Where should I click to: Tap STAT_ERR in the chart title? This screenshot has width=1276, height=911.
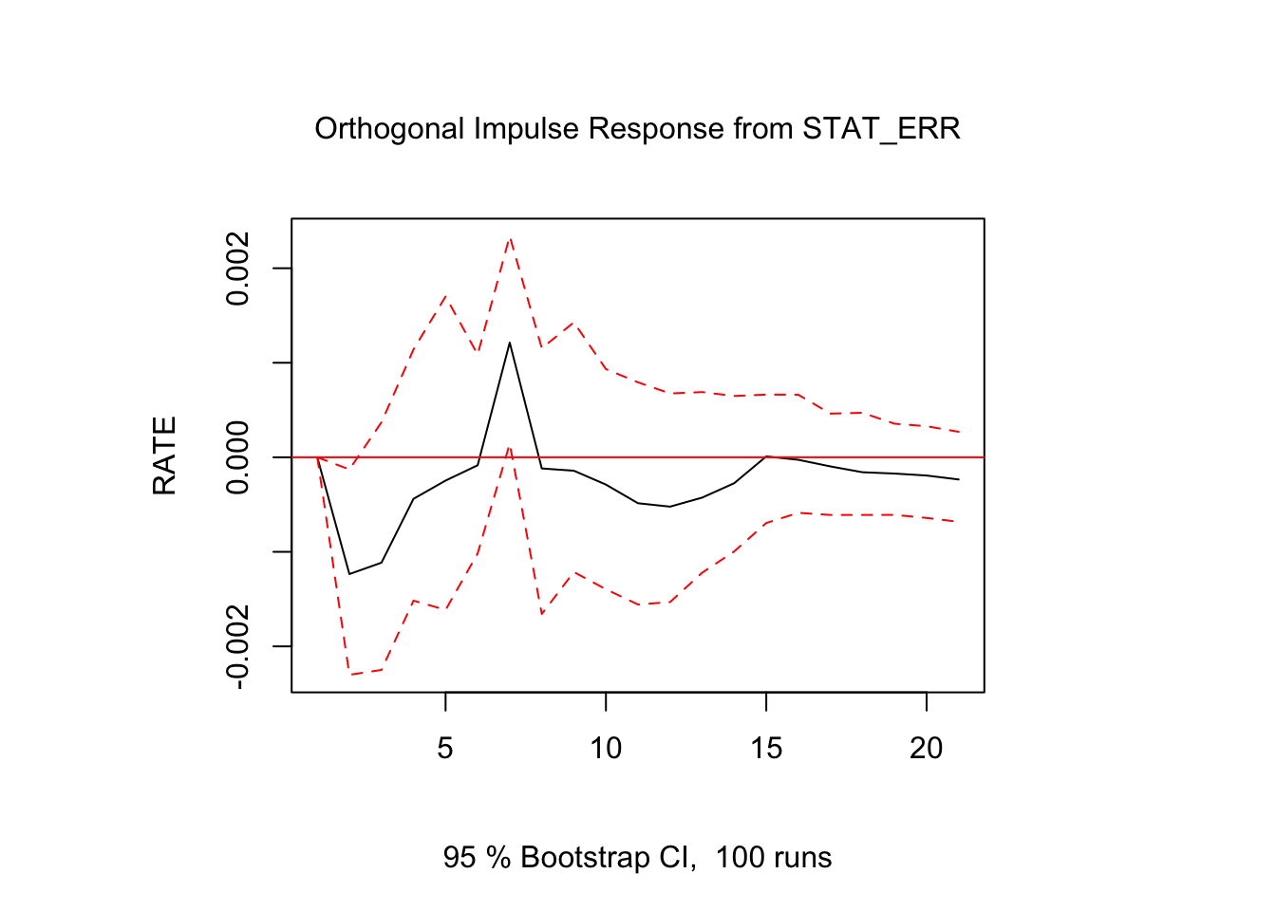[881, 128]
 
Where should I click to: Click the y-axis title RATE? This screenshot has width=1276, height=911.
[164, 455]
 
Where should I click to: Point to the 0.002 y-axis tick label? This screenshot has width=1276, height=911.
[238, 269]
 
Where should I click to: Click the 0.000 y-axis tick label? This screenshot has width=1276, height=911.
[238, 457]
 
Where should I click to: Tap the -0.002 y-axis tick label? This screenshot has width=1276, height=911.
[238, 646]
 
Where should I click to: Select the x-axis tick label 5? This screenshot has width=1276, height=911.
[445, 749]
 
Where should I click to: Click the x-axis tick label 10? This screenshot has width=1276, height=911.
[606, 749]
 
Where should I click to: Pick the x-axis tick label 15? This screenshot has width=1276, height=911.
[766, 749]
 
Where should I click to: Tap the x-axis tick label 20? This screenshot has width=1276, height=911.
[927, 749]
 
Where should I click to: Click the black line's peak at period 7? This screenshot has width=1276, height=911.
[510, 342]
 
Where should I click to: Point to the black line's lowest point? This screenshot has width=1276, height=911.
[349, 573]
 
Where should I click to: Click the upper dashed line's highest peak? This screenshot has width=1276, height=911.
[510, 237]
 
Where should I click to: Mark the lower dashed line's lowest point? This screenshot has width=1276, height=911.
[349, 674]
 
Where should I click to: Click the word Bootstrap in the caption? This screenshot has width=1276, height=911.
[582, 858]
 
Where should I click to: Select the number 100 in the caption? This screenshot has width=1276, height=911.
[740, 858]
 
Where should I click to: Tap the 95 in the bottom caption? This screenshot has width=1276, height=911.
[460, 858]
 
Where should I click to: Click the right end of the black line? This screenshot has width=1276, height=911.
[959, 479]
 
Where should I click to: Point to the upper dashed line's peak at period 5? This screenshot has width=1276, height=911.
[445, 295]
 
